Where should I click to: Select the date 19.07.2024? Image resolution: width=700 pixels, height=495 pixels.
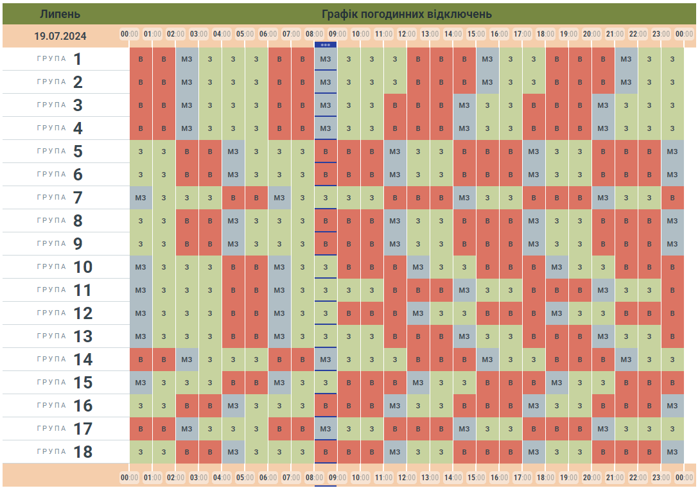pyautogui.click(x=60, y=36)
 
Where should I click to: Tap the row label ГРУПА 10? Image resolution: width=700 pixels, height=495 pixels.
pyautogui.click(x=65, y=267)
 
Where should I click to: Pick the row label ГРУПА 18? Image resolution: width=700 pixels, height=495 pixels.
pyautogui.click(x=65, y=452)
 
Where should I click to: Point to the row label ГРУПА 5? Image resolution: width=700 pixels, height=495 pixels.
pyautogui.click(x=65, y=152)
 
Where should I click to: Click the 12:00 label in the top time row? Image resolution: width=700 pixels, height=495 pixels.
pyautogui.click(x=407, y=33)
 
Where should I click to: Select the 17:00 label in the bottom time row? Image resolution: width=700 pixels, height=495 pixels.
pyautogui.click(x=522, y=478)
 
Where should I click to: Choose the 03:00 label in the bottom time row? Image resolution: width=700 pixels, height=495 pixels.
pyautogui.click(x=198, y=478)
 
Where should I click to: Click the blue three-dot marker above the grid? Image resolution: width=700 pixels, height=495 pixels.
pyautogui.click(x=326, y=45)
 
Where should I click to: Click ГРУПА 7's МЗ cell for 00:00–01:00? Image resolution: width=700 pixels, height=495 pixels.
pyautogui.click(x=141, y=198)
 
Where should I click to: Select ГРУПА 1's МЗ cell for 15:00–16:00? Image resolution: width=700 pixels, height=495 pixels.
pyautogui.click(x=487, y=59)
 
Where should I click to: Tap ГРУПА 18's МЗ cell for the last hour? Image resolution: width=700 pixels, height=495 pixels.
pyautogui.click(x=672, y=452)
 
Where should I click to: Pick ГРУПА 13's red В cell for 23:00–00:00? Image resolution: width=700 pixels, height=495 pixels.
pyautogui.click(x=672, y=336)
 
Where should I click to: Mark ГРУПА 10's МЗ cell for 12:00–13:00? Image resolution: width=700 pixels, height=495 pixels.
pyautogui.click(x=418, y=267)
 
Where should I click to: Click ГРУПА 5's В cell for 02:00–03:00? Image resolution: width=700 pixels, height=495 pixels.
pyautogui.click(x=187, y=152)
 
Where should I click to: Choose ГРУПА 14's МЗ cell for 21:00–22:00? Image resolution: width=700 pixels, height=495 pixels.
pyautogui.click(x=626, y=360)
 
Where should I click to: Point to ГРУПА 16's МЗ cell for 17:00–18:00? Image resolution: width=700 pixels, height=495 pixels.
pyautogui.click(x=534, y=406)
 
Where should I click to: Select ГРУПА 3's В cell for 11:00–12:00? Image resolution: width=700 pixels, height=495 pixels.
pyautogui.click(x=395, y=105)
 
